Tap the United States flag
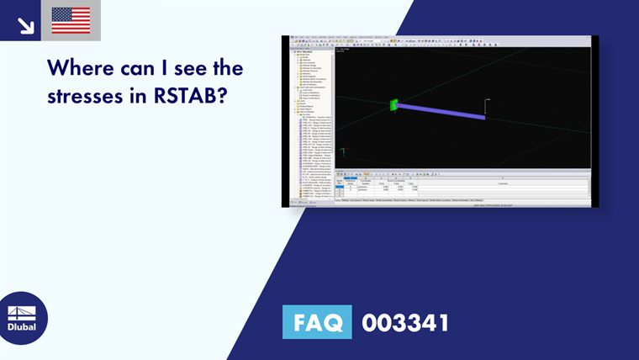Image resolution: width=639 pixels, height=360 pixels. click(x=71, y=20)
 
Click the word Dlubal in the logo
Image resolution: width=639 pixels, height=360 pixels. click(x=22, y=326)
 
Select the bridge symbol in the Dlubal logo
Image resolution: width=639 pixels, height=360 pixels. click(x=22, y=311)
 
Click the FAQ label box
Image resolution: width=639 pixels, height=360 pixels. click(x=317, y=323)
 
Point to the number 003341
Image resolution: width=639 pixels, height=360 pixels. click(x=405, y=323)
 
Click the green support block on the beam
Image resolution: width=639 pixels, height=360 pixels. click(x=393, y=105)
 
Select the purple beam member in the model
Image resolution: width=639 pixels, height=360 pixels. click(x=441, y=111)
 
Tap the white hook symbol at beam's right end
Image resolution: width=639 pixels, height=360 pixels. click(x=486, y=106)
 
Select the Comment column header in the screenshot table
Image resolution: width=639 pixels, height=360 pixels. click(x=502, y=183)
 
